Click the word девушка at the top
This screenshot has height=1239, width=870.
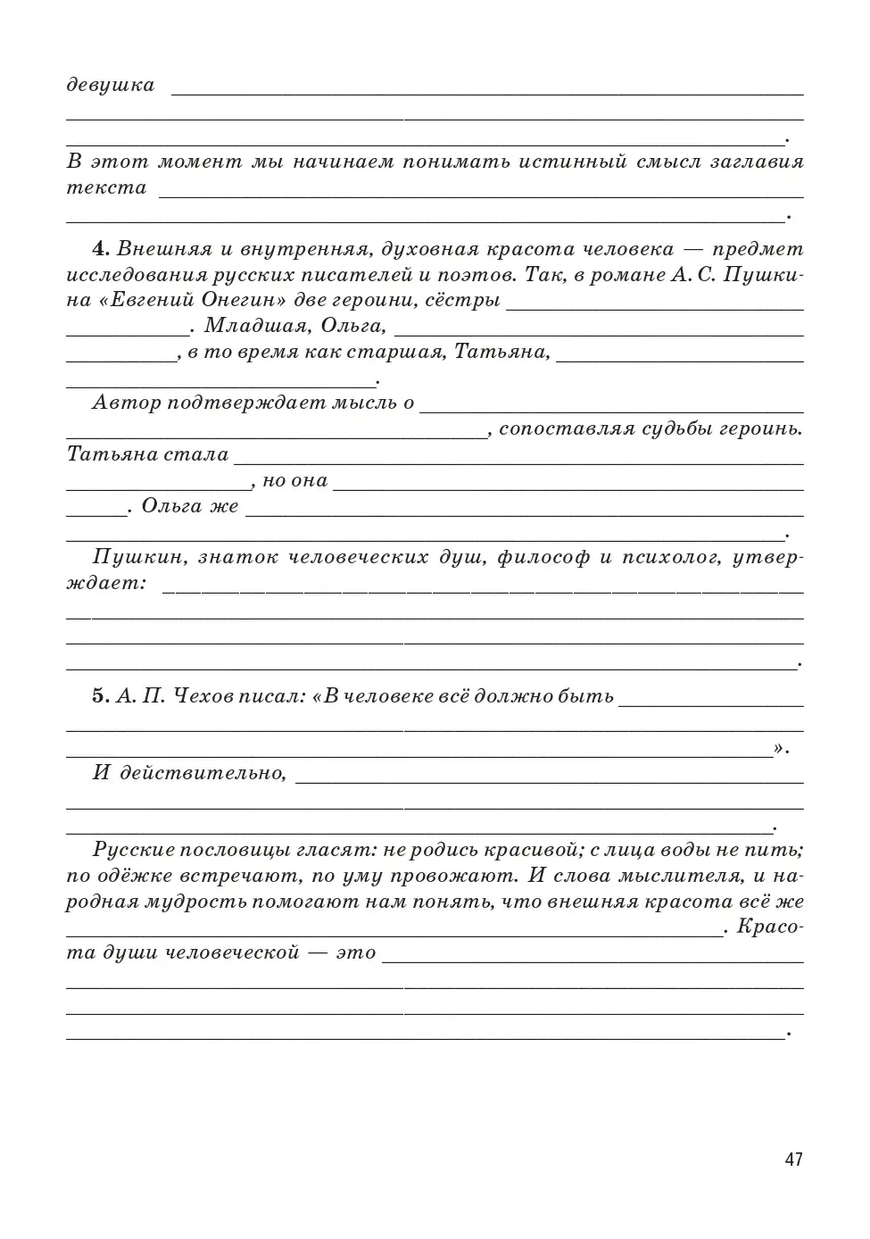111,86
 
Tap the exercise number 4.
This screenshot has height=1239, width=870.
100,248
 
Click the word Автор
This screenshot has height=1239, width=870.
125,403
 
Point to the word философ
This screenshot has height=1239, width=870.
543,558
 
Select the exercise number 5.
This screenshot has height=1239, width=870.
100,696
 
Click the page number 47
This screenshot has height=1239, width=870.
793,1160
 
